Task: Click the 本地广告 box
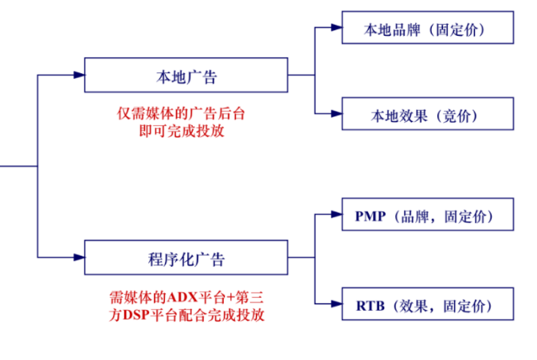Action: (x=186, y=75)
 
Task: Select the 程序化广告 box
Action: (x=186, y=257)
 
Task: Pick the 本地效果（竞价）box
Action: (x=426, y=114)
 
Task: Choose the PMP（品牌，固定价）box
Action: (x=426, y=215)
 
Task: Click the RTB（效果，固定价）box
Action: (x=426, y=303)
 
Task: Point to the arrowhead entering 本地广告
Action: (x=78, y=75)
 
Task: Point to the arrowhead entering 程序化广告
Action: (x=78, y=257)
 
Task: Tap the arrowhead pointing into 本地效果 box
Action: (x=335, y=114)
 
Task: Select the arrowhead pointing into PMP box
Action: (x=335, y=215)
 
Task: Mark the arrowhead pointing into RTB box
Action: (x=335, y=303)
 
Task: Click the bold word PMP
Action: (x=370, y=215)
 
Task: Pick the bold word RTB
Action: (x=370, y=303)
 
